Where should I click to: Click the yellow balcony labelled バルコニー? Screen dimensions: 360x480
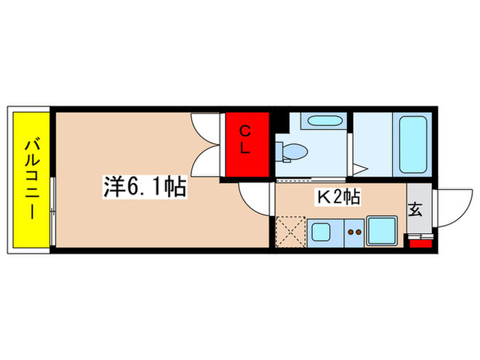coord(30,180)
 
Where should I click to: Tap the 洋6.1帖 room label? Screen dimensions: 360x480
coord(145,187)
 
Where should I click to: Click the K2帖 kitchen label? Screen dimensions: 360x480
coord(338,197)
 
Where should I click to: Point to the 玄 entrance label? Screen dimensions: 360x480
coord(416,210)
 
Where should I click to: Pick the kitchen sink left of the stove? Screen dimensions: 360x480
coord(320,232)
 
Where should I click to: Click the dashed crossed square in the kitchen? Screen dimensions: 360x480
coord(289,232)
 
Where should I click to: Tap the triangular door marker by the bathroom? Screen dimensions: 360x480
coord(361,167)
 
